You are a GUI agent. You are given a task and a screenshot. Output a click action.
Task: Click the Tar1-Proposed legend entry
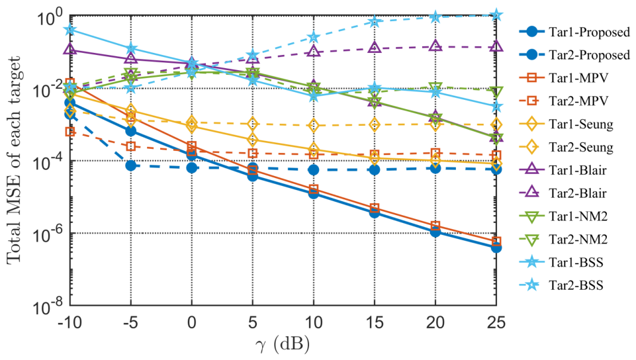coord(574,32)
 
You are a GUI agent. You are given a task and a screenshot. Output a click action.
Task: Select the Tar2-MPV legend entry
coord(564,101)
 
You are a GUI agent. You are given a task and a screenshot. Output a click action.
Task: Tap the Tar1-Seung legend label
coord(581,124)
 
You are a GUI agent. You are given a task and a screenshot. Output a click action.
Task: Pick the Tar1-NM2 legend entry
coord(563,216)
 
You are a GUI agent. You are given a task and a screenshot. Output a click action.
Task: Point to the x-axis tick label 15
coord(374,323)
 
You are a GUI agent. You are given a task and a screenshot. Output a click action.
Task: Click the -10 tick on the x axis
coord(69,323)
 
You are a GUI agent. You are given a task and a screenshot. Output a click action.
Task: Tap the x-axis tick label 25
coord(496,323)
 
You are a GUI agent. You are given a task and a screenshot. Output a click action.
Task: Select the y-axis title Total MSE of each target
coord(14,160)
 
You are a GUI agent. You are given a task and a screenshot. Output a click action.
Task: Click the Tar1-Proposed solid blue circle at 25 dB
coord(496,247)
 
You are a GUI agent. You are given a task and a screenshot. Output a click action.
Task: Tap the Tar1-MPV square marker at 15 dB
coord(375,208)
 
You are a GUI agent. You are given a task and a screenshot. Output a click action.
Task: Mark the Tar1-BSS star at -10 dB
coord(70,30)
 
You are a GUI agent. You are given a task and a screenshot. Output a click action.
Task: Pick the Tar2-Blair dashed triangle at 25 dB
coord(496,46)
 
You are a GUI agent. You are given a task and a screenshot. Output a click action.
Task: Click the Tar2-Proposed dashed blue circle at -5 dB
coord(130,165)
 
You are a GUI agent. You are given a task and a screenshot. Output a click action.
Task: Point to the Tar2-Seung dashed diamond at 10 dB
coord(314,126)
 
